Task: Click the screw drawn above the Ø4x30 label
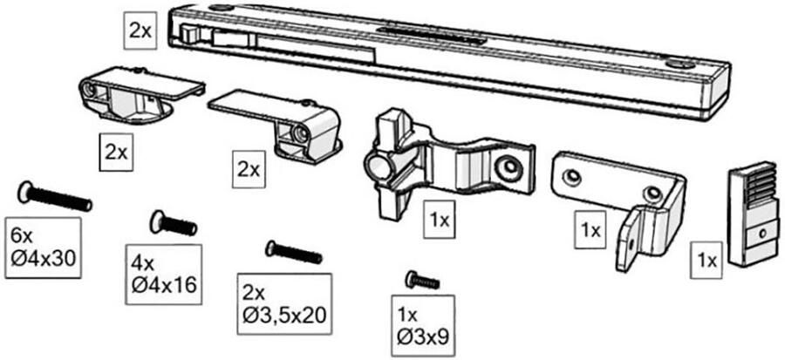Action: pos(54,197)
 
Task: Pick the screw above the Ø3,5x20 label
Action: pos(294,253)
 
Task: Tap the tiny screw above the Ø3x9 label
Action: pos(422,281)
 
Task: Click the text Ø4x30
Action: pos(44,260)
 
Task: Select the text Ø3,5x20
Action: pos(285,315)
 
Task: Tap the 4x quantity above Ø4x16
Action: pos(141,262)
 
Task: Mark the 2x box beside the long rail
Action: pos(140,30)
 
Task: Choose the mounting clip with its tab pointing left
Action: pos(283,122)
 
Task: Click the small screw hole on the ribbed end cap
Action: pos(761,233)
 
